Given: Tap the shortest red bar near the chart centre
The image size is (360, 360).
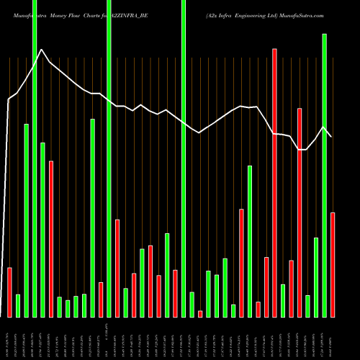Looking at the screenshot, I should [200, 314].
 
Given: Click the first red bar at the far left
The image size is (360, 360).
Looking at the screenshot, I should [9, 292].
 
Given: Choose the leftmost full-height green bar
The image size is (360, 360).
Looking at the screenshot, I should [35, 158].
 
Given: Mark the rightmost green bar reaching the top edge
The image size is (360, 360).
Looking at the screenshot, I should [184, 158].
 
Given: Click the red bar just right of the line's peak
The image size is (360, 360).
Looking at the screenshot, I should [51, 238].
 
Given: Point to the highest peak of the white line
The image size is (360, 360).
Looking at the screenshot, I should [42, 50].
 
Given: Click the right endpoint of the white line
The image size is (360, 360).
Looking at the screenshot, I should [332, 137].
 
